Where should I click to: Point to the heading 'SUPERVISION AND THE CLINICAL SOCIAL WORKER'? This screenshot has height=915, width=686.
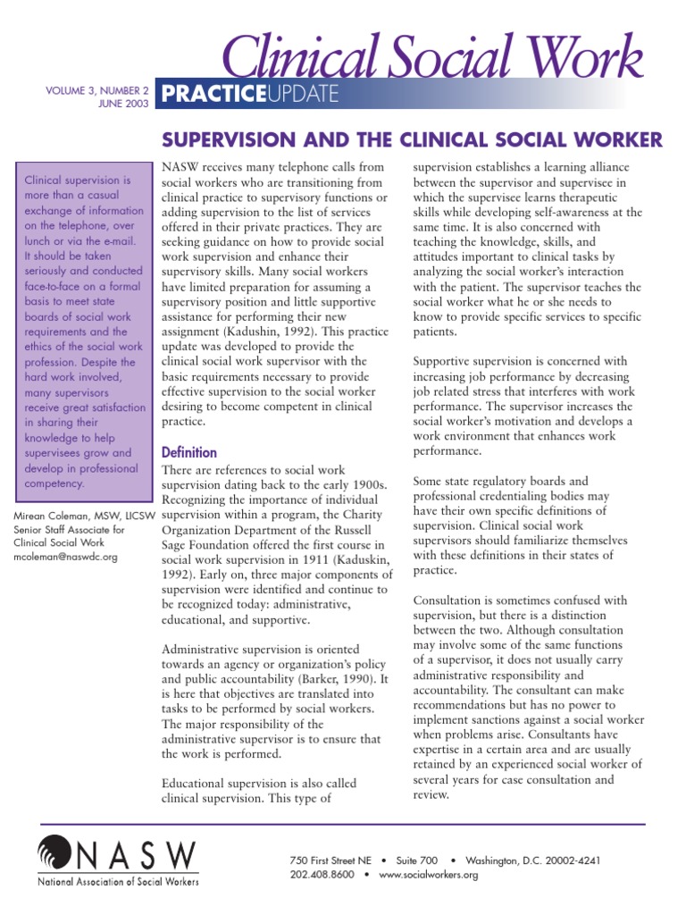[x=411, y=139]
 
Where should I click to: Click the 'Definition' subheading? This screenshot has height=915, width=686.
[x=188, y=452]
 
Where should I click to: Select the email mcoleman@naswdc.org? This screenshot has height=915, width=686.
[x=67, y=555]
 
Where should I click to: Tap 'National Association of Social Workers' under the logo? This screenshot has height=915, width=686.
[x=118, y=882]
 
